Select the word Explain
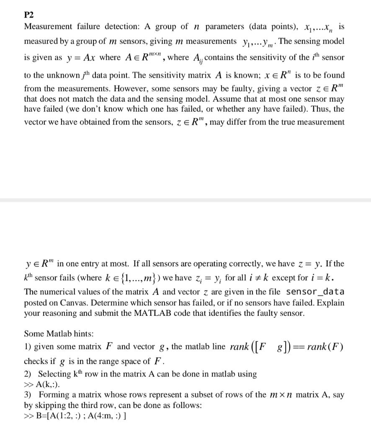click(x=331, y=302)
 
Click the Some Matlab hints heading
click(x=59, y=334)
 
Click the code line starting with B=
click(x=76, y=416)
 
